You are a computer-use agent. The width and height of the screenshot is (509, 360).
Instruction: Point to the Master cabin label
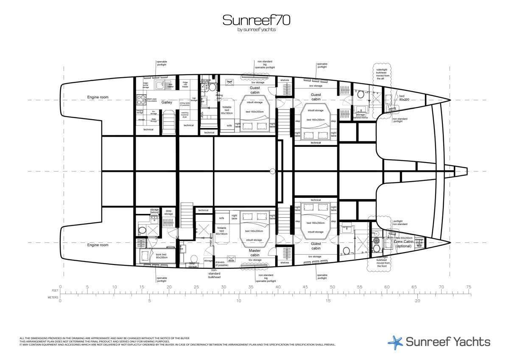pos(255,253)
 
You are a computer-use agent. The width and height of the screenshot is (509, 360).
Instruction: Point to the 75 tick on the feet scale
pos(468,287)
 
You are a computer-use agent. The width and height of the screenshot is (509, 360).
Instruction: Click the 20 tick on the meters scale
pos(417,301)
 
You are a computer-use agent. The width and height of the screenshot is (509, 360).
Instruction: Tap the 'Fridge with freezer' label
pos(185,84)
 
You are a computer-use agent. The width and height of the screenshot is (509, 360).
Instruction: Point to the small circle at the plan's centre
pos(272,172)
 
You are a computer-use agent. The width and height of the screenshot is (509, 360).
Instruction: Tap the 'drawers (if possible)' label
pos(222,264)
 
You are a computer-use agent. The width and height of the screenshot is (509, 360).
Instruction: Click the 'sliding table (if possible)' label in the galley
pos(185,104)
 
